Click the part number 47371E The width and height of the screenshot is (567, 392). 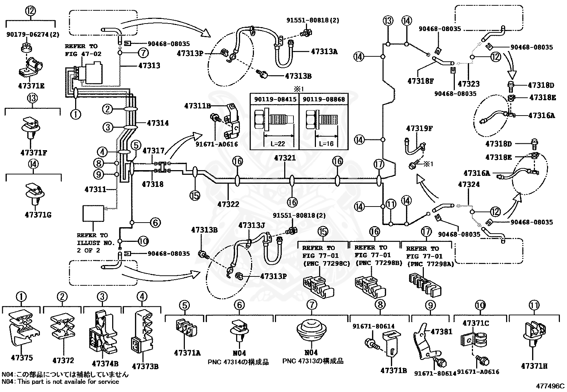click(x=31, y=86)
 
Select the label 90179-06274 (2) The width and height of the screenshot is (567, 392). click(x=33, y=34)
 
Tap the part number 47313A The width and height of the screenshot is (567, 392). click(x=324, y=51)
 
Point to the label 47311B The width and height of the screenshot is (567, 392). click(x=198, y=106)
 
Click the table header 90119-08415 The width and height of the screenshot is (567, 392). click(x=275, y=99)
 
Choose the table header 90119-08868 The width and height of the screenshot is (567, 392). click(x=324, y=99)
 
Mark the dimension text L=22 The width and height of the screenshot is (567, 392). click(x=278, y=144)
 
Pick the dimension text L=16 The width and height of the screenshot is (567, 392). click(x=326, y=144)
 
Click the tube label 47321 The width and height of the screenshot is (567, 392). click(x=285, y=158)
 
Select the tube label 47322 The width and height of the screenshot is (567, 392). click(x=228, y=204)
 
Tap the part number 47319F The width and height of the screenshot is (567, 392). click(x=420, y=128)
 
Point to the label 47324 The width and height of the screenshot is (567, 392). click(x=469, y=184)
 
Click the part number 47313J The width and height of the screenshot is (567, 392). click(x=251, y=225)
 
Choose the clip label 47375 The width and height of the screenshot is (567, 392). click(x=22, y=358)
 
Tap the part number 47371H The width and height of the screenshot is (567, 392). click(x=534, y=366)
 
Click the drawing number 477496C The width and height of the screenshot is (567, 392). click(x=550, y=386)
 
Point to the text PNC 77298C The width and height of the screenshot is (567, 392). click(x=327, y=264)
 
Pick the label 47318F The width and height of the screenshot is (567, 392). click(x=420, y=81)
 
